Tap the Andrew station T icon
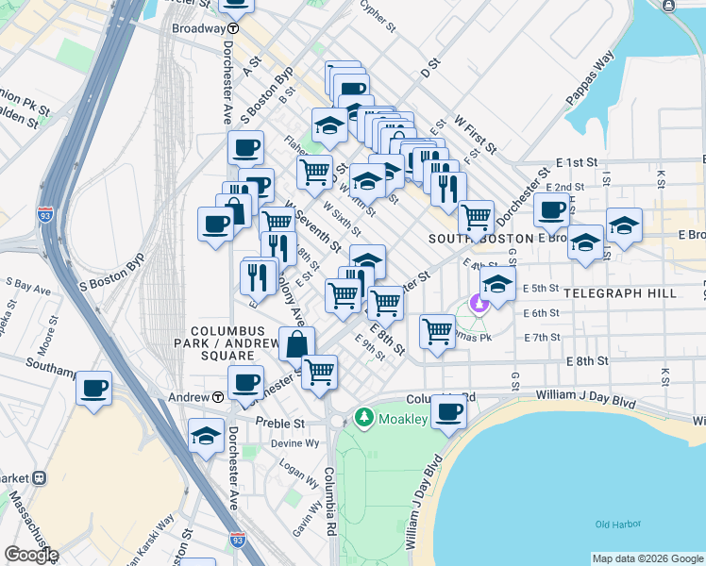[217, 397]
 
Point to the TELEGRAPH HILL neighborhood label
[620, 293]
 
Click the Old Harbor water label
[616, 524]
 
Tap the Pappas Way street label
[591, 73]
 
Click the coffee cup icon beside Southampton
[93, 388]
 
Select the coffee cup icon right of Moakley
[449, 411]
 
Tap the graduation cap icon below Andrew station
[206, 435]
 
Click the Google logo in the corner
[30, 555]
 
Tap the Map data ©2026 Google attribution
[647, 558]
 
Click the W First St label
[475, 134]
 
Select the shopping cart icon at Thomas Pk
[437, 331]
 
